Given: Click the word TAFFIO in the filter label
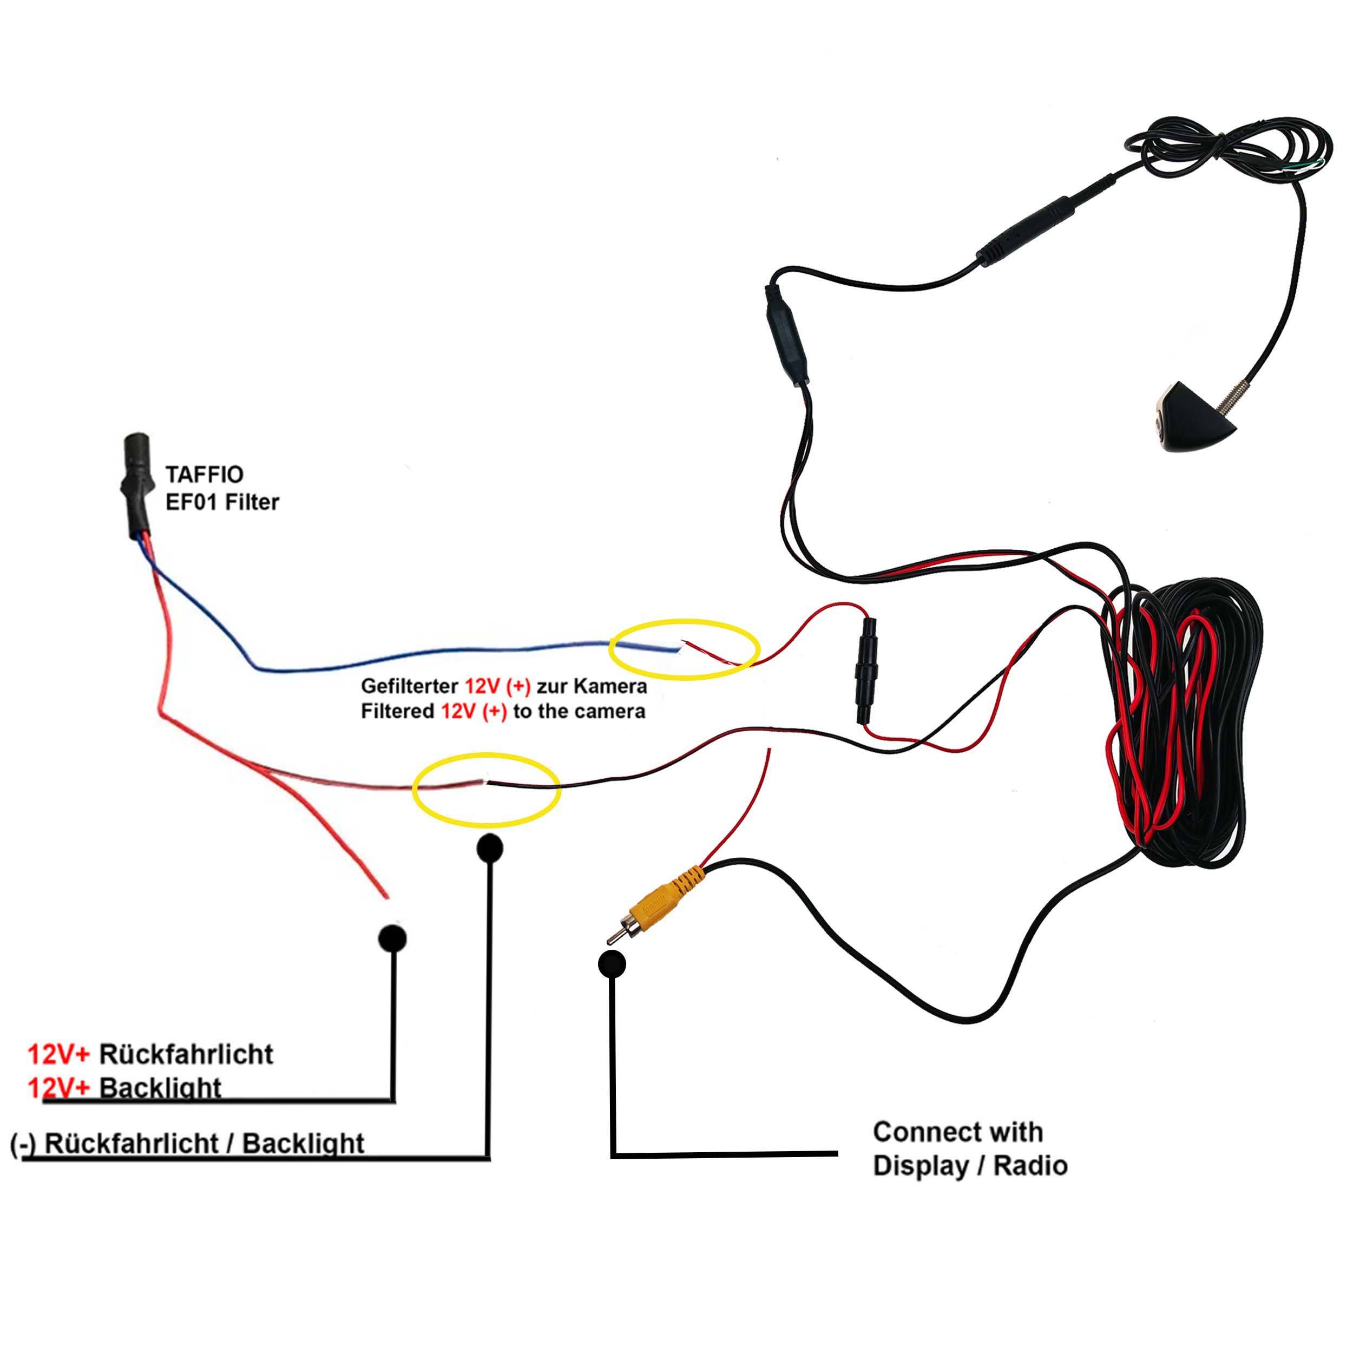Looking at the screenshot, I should click(x=204, y=475).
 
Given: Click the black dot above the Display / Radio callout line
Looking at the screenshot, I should click(x=612, y=964).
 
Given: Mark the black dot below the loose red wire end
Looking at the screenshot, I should click(x=392, y=938).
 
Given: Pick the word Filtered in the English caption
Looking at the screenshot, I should click(x=397, y=712).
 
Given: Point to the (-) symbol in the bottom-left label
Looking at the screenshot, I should click(x=23, y=1144).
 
